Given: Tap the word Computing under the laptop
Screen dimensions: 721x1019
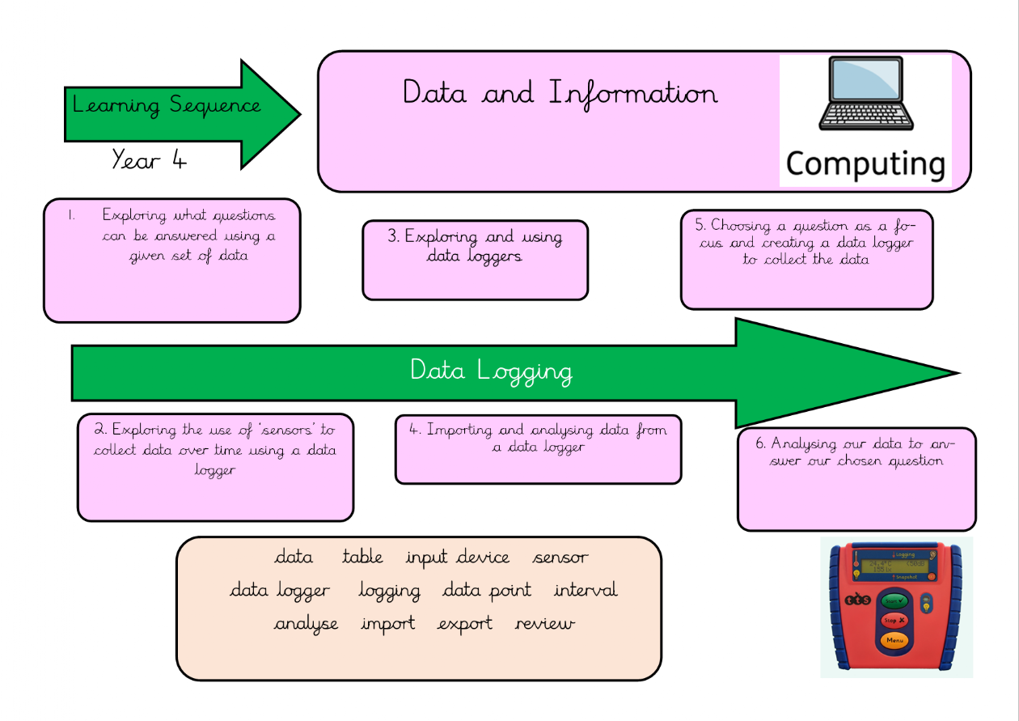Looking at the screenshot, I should [865, 163].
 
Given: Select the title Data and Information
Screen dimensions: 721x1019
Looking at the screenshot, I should [560, 93].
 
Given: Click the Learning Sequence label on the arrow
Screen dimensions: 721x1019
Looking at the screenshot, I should [167, 105].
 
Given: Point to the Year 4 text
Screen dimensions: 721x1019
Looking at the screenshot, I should [149, 159].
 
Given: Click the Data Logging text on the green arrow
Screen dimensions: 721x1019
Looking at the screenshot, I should [491, 371].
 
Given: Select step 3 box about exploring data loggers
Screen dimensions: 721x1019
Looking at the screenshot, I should [475, 259].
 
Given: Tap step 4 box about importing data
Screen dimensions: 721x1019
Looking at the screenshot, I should [538, 449].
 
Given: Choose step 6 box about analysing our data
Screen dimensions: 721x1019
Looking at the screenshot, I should [856, 479].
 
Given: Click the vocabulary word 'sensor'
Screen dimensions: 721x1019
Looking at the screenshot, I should [560, 558].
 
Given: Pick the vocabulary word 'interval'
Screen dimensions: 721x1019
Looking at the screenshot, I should [586, 590].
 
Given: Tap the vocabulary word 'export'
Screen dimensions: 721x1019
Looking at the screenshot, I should [465, 624].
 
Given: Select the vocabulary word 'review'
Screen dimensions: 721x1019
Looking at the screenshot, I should [544, 624].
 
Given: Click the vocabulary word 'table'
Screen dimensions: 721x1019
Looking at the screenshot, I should [362, 558].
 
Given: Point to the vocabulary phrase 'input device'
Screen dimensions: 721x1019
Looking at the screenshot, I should [458, 558].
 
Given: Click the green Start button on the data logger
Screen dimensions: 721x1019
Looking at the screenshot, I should [894, 601].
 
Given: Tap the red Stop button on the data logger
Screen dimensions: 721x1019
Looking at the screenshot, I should [894, 621].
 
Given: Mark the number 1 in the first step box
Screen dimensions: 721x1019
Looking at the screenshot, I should [71, 216].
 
